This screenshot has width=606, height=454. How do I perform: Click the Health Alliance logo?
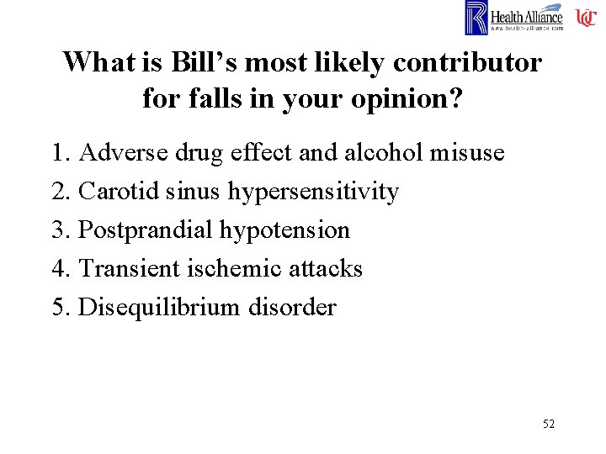pos(514,18)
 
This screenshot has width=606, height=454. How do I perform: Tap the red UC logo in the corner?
pos(586,18)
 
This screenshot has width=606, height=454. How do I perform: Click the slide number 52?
pos(548,424)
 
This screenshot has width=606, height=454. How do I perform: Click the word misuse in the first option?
pos(467,153)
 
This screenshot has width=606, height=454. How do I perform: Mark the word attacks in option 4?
pos(324,269)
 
